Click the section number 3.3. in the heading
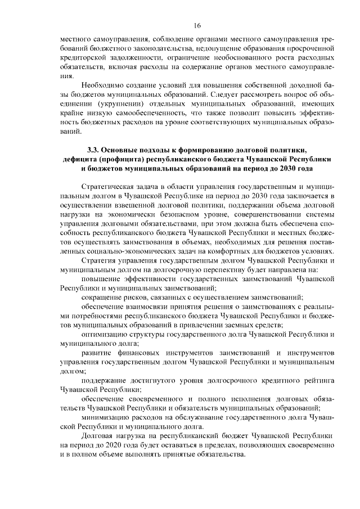(x=94, y=150)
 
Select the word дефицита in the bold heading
(x=83, y=159)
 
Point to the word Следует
(x=210, y=94)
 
